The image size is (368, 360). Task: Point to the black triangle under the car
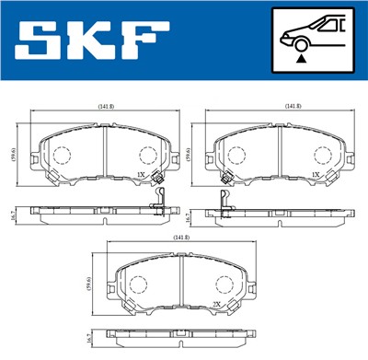pos(301,57)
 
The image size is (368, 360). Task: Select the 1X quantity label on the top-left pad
pos(141,173)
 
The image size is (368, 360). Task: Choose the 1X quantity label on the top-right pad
pos(316,173)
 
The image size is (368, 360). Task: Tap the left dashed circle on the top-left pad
pos(62,156)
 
